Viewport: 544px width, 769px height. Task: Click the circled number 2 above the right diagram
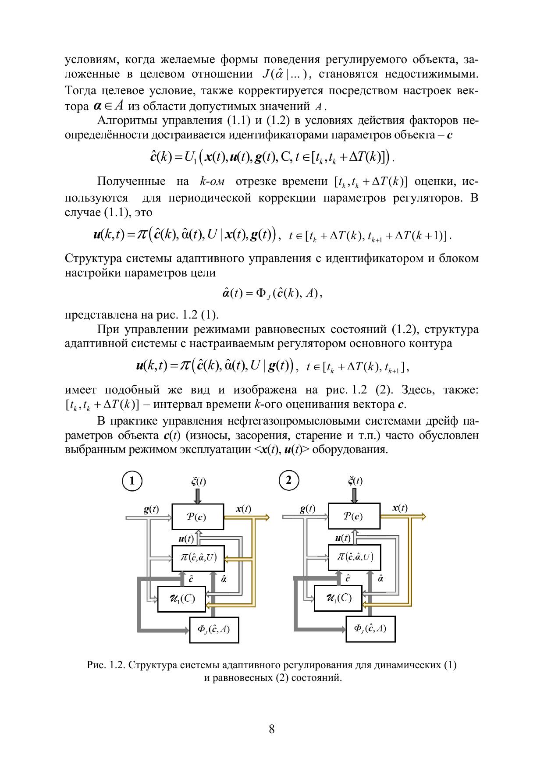point(288,480)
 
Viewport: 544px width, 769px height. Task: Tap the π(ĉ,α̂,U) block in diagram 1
point(198,558)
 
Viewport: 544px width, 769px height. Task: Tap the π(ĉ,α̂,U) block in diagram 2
point(355,557)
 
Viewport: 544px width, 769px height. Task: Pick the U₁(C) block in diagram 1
point(181,599)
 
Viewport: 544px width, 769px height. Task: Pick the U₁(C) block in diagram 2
point(338,598)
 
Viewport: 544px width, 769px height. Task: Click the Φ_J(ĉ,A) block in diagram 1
point(214,629)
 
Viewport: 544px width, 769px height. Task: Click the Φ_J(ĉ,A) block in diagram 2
point(370,629)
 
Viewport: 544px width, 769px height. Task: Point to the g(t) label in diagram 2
point(308,509)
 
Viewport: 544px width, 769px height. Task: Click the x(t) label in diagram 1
point(243,509)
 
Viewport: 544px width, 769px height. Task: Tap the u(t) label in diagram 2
point(342,538)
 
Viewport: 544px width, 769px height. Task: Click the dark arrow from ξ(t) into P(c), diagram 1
point(197,496)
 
